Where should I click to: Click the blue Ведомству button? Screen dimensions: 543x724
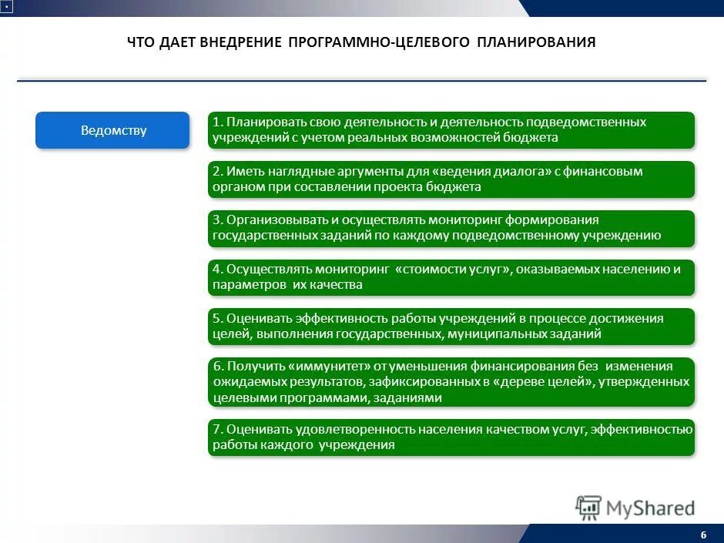click(x=112, y=130)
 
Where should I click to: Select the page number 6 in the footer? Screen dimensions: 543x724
click(x=703, y=535)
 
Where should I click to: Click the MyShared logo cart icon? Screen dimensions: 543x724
click(x=588, y=508)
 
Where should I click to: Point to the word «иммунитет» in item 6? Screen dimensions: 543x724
click(x=322, y=366)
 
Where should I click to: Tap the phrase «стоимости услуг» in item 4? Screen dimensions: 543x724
click(x=453, y=269)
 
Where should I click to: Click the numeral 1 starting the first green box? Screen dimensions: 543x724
click(x=217, y=122)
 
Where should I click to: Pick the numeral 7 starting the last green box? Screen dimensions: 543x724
click(x=217, y=429)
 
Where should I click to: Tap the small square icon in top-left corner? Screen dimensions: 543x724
click(x=5, y=6)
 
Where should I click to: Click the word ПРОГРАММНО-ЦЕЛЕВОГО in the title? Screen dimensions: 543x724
click(x=379, y=42)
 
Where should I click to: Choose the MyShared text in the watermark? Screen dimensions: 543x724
click(x=650, y=508)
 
